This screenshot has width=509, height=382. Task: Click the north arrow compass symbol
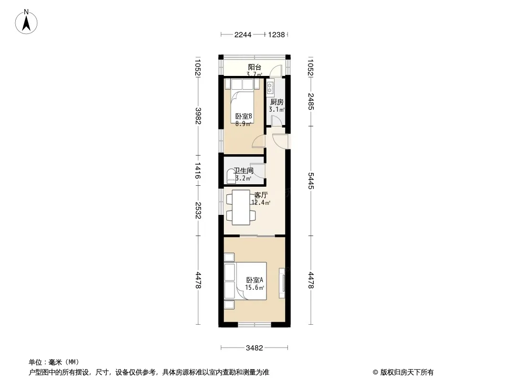click(x=26, y=21)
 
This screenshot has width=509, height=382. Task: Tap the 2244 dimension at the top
click(x=243, y=35)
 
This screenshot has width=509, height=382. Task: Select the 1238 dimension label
click(x=276, y=35)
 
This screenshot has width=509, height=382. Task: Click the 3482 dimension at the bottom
click(x=254, y=348)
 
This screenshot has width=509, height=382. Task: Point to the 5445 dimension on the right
click(x=311, y=181)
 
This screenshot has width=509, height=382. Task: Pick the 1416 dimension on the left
click(x=198, y=171)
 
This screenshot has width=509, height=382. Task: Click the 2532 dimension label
click(x=198, y=210)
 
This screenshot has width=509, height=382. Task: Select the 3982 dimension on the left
click(x=198, y=116)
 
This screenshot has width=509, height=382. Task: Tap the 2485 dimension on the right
click(x=311, y=102)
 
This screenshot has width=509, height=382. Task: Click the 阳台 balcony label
click(x=254, y=67)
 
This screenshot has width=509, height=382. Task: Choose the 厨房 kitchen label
click(x=276, y=102)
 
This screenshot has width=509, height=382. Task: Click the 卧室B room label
click(x=244, y=117)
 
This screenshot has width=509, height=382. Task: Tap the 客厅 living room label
click(x=261, y=195)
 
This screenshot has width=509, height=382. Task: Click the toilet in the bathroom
click(x=231, y=176)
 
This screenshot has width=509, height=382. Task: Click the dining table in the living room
click(x=241, y=207)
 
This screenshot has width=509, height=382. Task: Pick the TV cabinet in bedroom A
click(x=282, y=283)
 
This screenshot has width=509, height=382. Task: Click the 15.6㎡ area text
click(x=254, y=287)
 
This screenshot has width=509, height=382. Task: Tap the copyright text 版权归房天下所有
click(x=407, y=372)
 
